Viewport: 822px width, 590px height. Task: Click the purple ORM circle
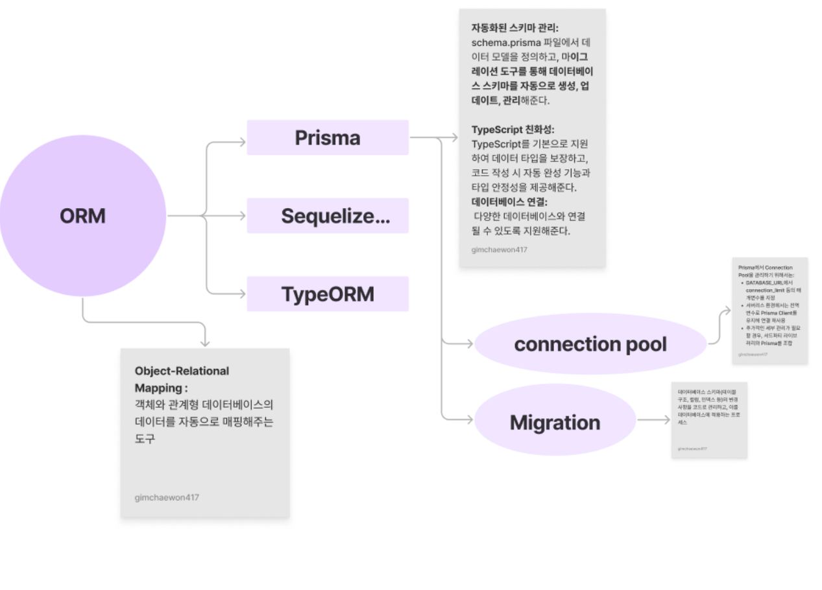tap(82, 216)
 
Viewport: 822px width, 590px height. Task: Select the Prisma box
tap(328, 137)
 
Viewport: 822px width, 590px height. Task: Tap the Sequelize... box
tap(328, 216)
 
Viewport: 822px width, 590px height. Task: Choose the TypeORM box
tap(328, 294)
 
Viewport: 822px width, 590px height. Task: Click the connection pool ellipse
tap(590, 344)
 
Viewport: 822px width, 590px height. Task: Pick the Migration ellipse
tap(555, 422)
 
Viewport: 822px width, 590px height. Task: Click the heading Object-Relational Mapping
tap(182, 379)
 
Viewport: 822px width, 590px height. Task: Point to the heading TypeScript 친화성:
tap(513, 129)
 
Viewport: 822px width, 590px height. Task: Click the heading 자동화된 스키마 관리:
tap(515, 29)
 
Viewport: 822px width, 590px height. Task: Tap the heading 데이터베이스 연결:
tap(510, 202)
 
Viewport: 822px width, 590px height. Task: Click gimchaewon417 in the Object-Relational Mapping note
tap(167, 498)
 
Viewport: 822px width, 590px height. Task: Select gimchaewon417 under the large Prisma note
tap(500, 249)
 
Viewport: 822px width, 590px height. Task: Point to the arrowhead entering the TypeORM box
tap(242, 294)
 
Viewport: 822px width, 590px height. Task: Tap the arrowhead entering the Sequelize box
tap(242, 216)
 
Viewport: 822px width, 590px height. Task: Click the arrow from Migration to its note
tap(653, 420)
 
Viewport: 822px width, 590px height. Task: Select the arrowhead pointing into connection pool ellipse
tap(470, 344)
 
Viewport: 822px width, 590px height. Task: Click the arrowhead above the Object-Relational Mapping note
tap(206, 342)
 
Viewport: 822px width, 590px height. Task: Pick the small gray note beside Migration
tap(709, 420)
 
